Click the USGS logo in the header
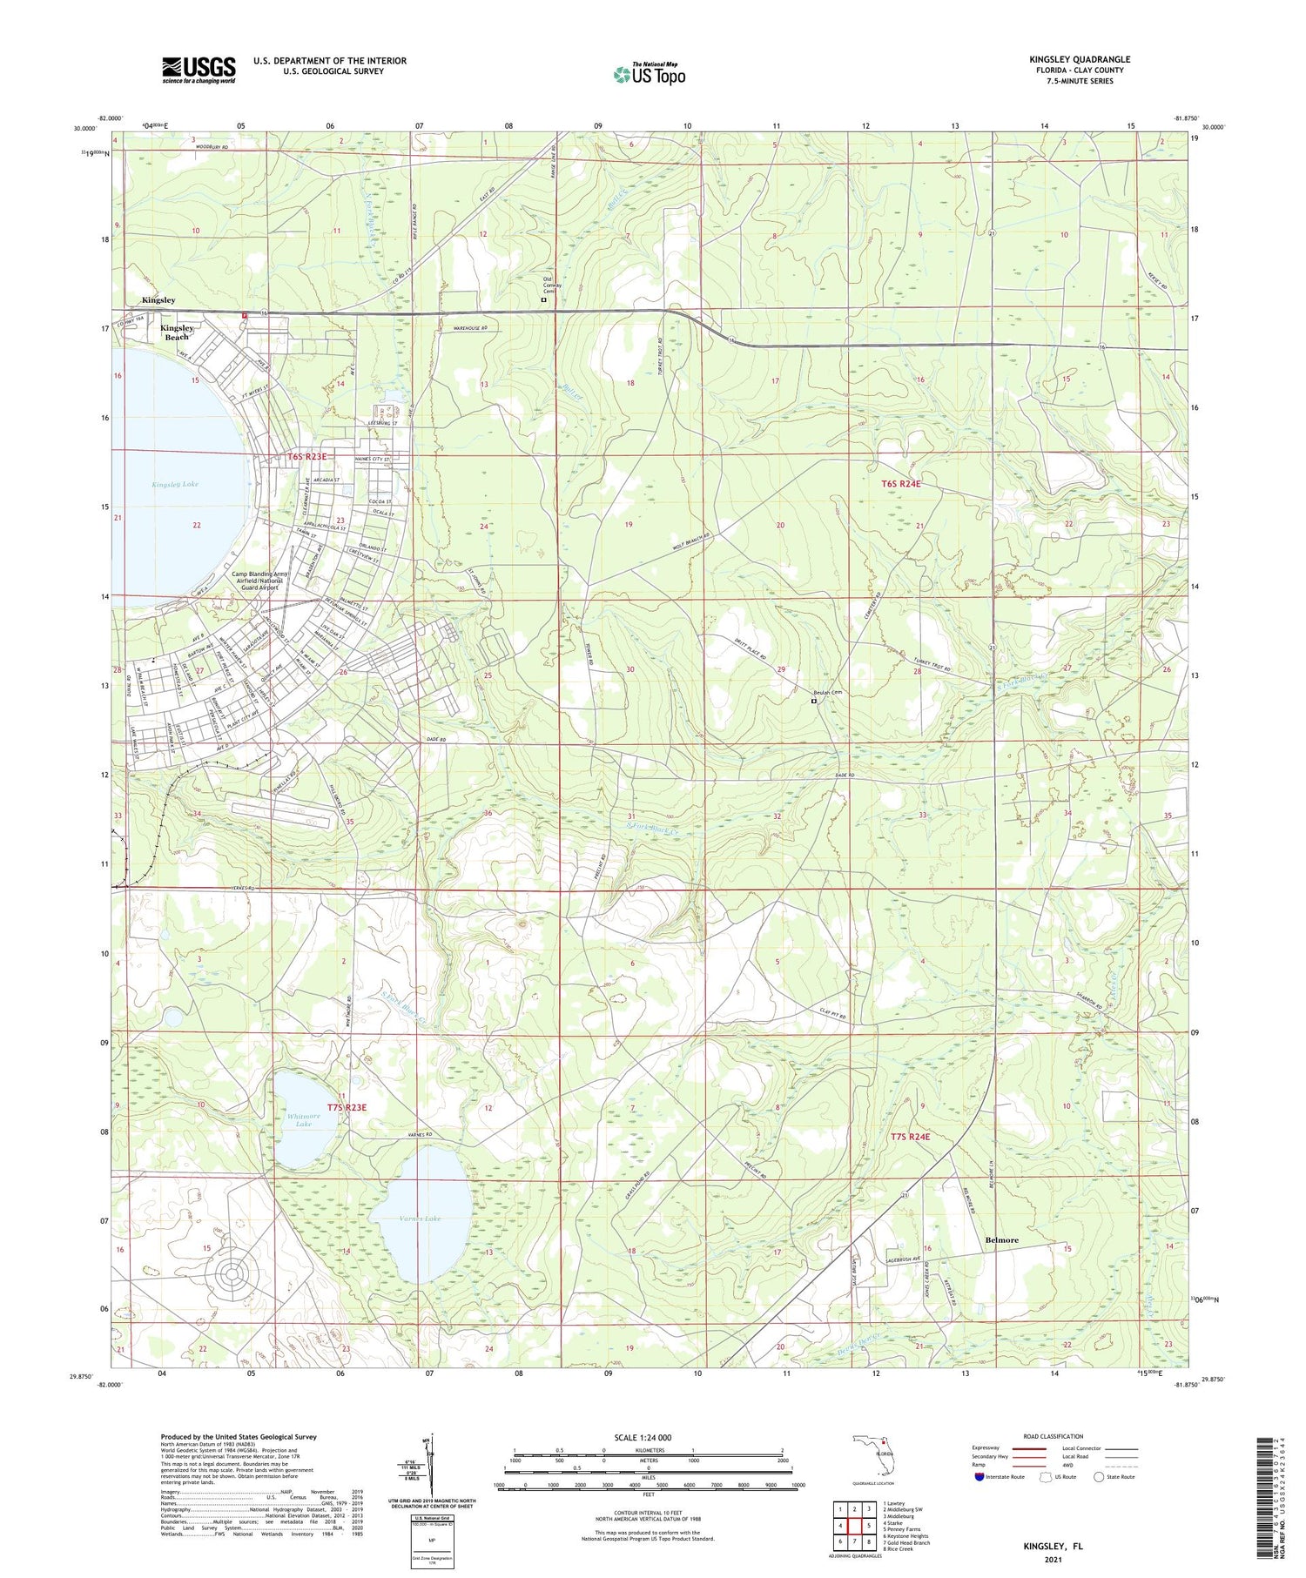click(x=199, y=69)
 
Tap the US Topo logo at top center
click(x=649, y=74)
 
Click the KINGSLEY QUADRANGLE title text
click(x=1079, y=59)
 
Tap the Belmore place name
click(x=1001, y=1240)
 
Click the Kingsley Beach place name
click(x=177, y=332)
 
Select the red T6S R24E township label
click(x=900, y=483)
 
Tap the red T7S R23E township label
click(x=347, y=1108)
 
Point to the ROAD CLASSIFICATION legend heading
click(x=1054, y=1436)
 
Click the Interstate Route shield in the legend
click(x=979, y=1477)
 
